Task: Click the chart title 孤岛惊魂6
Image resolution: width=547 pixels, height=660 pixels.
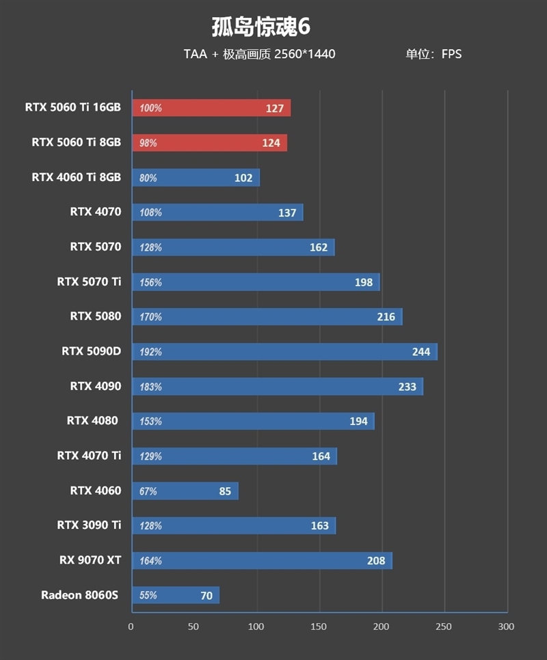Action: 261,27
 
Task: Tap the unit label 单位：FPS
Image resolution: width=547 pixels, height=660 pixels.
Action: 433,54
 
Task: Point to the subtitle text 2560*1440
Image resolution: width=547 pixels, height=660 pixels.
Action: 305,54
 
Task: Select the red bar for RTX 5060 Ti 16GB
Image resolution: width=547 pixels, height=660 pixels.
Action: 211,108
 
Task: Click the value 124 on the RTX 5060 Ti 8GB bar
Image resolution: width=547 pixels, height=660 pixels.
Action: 271,143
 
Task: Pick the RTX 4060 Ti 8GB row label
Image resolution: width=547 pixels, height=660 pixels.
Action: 76,177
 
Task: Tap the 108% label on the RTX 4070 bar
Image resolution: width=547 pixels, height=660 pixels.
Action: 150,212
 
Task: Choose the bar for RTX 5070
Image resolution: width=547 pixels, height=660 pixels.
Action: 233,247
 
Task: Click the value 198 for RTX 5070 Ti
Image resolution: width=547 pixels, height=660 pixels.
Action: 364,282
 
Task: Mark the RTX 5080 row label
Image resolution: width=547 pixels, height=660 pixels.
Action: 95,316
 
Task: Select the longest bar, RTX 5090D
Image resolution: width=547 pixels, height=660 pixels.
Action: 284,352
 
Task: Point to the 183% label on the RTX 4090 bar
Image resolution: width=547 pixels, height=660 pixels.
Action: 150,387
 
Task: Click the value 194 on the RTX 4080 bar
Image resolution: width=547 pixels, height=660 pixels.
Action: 358,422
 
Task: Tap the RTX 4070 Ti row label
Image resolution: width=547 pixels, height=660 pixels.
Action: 89,455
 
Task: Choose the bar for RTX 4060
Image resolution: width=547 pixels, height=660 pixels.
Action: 185,491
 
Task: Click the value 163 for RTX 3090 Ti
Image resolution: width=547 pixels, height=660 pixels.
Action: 319,526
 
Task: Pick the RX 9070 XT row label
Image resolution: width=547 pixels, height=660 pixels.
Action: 90,560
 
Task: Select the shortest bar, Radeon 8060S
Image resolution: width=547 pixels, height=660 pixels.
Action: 176,595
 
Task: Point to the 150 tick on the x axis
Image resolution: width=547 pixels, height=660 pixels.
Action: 319,627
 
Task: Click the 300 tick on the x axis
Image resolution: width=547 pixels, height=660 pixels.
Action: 505,627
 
